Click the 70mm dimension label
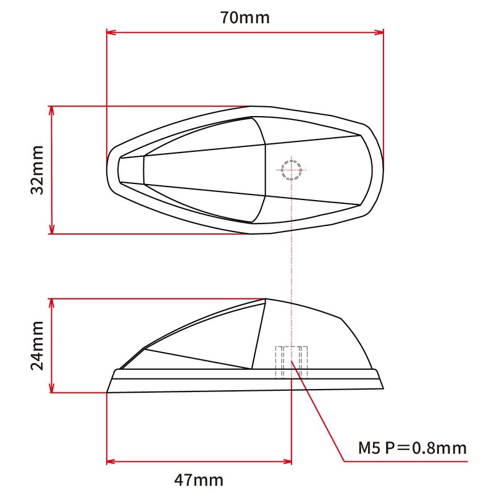tap(245, 17)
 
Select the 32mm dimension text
tap(38, 170)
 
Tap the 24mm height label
tap(38, 345)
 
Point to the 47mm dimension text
tap(199, 479)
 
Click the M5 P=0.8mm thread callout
tap(411, 447)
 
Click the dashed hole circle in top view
tap(291, 169)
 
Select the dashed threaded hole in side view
tap(291, 361)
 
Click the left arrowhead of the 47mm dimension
tap(111, 461)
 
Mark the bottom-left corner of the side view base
tap(107, 391)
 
